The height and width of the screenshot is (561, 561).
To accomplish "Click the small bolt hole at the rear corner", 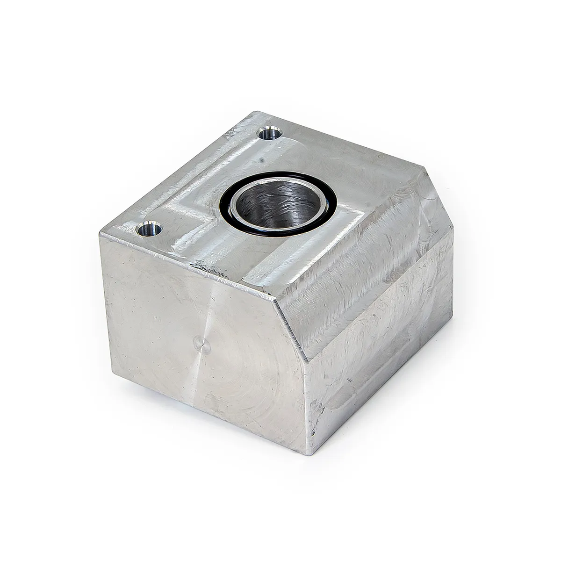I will click(x=270, y=135).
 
